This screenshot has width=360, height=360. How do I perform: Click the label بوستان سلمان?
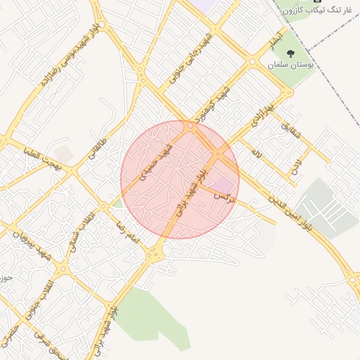(x=292, y=64)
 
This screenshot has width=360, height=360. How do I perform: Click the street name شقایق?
(x=290, y=127)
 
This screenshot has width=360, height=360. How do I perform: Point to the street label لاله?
(x=257, y=152)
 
